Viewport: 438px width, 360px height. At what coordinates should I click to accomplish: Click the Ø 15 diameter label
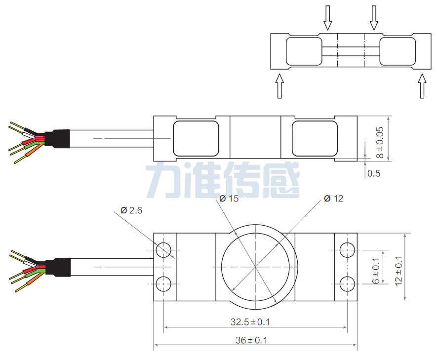tap(229, 199)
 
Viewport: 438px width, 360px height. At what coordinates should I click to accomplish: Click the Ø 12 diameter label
tap(333, 199)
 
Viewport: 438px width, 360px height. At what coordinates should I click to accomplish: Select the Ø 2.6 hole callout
tap(131, 210)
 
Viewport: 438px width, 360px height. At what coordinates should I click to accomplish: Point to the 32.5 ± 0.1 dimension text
tap(250, 322)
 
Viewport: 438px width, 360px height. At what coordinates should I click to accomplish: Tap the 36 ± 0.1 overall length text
tap(251, 340)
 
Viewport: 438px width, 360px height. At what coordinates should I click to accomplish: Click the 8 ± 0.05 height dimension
tap(380, 143)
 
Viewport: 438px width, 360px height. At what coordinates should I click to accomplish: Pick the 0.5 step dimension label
tap(374, 173)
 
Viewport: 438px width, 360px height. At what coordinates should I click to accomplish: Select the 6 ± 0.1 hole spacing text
tap(376, 271)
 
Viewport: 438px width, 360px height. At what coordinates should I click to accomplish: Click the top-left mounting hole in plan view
tap(163, 250)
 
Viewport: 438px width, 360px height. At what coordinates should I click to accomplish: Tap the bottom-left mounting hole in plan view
tap(163, 284)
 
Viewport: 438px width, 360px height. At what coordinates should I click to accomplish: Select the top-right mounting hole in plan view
tap(347, 250)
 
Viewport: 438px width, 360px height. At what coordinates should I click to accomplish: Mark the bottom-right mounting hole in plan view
tap(347, 284)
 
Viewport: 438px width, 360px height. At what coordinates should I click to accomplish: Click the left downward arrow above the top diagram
tap(328, 18)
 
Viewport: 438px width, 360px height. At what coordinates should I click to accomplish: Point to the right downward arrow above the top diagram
tap(374, 18)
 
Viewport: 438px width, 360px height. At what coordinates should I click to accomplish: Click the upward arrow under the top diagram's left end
tap(279, 86)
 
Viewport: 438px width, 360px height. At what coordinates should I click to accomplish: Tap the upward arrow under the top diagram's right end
tap(422, 86)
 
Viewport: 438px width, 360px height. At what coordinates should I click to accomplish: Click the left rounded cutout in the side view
tap(196, 139)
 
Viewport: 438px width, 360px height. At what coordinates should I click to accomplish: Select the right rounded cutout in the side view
tap(315, 139)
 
